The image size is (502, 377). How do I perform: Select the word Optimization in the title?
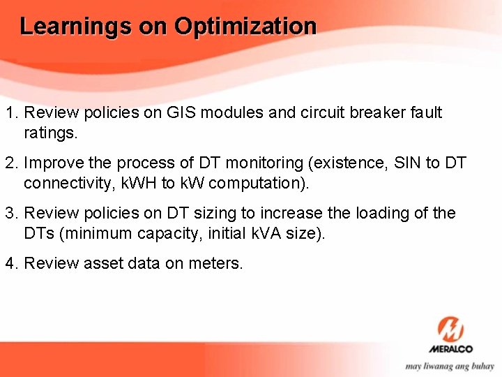pos(245,27)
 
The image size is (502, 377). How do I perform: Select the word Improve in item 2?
pos(54,163)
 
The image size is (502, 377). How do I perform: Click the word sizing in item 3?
pos(210,214)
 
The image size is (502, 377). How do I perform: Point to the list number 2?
pos(10,163)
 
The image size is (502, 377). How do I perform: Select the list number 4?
pos(10,264)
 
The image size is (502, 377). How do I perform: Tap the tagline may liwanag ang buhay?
pos(450,365)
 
